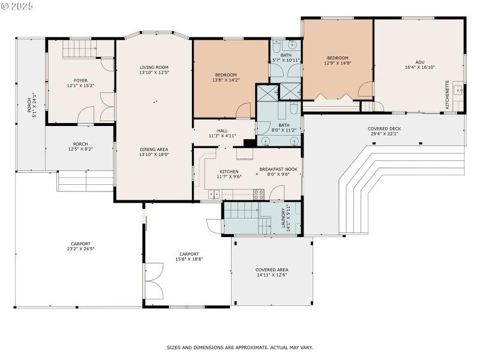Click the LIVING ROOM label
(154, 67)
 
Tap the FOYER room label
(80, 80)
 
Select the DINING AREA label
(154, 149)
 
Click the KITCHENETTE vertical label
(448, 94)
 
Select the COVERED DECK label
(384, 129)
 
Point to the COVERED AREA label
(272, 270)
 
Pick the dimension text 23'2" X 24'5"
(81, 248)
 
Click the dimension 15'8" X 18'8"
(188, 259)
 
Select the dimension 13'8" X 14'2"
(226, 79)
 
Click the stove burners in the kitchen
(259, 194)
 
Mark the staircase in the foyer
(80, 47)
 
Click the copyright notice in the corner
(17, 5)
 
